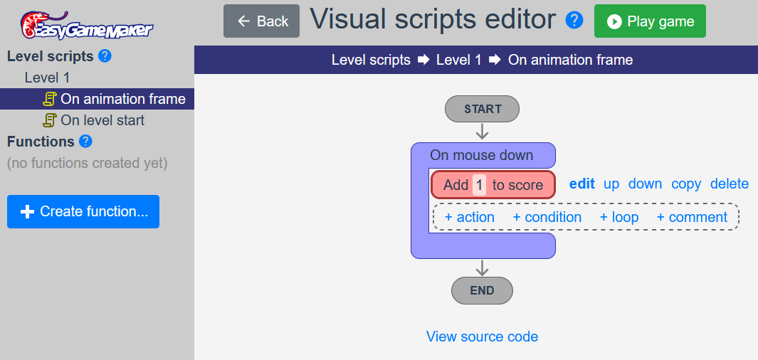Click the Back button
[261, 21]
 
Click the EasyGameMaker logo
[87, 25]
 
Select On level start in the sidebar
[94, 120]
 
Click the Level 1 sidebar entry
[48, 78]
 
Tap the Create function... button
[83, 211]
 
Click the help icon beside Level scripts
[105, 56]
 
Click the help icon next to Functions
[85, 142]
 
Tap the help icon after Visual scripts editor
[574, 21]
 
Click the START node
[482, 109]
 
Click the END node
[482, 290]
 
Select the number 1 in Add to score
[479, 185]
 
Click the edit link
[582, 184]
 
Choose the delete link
[730, 184]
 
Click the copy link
[686, 184]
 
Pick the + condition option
[547, 218]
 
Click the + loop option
[618, 218]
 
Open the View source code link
[482, 337]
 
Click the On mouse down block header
[482, 156]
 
